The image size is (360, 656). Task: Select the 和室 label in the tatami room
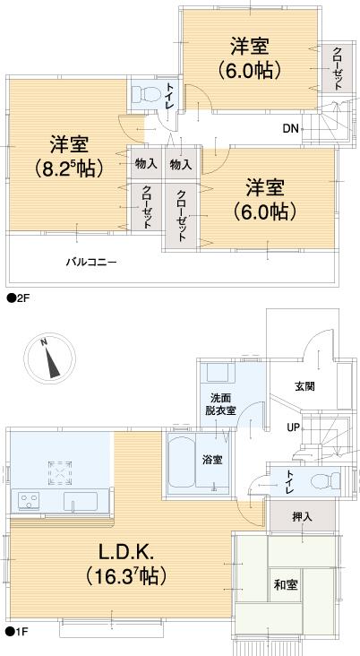coord(286,585)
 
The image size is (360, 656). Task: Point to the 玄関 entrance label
coord(304,386)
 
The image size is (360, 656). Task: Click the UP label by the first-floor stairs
coord(293,427)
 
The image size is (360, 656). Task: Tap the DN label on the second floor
coord(290,129)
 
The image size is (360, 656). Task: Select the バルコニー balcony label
coord(90,263)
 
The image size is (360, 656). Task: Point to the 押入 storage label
coord(302,516)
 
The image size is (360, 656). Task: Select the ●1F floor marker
coord(17,633)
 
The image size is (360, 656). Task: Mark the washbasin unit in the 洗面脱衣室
coord(216,373)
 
